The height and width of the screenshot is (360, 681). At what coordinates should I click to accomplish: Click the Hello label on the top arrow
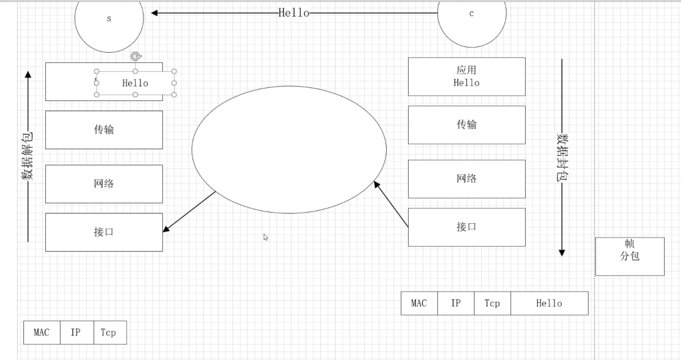(294, 13)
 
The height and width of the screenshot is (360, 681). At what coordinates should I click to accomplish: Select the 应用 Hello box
(466, 76)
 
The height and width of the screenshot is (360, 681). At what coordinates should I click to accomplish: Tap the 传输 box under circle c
(466, 125)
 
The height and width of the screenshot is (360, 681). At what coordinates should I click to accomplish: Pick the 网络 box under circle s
(104, 184)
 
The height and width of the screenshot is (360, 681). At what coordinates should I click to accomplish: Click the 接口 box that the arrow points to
(104, 232)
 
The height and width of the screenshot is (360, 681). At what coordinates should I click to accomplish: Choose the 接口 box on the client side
(466, 227)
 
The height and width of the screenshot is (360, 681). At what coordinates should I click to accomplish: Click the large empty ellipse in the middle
(289, 149)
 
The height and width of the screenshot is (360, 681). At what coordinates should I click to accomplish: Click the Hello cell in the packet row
(549, 303)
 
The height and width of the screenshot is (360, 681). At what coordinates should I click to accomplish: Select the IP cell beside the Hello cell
(456, 303)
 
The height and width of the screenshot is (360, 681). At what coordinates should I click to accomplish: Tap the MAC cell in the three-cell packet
(41, 333)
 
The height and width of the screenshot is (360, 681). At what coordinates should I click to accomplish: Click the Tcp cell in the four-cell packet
(492, 303)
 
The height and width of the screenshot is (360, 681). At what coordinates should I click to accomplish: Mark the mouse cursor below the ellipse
(266, 237)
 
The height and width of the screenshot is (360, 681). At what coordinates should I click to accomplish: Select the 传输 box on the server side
(104, 130)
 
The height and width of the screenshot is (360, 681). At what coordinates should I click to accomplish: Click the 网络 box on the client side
(466, 179)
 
